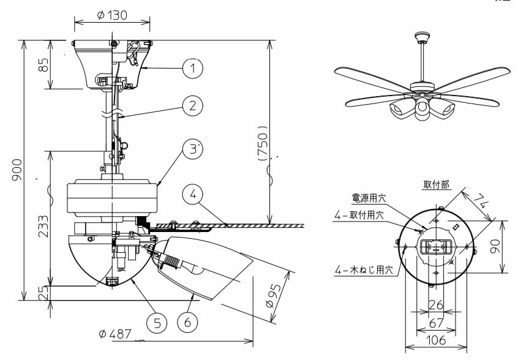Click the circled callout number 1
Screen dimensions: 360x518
[193, 69]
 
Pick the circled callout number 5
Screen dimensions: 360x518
[157, 322]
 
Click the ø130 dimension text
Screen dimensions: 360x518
[112, 15]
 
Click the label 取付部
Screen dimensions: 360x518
[435, 184]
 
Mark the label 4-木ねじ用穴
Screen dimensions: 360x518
[364, 271]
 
